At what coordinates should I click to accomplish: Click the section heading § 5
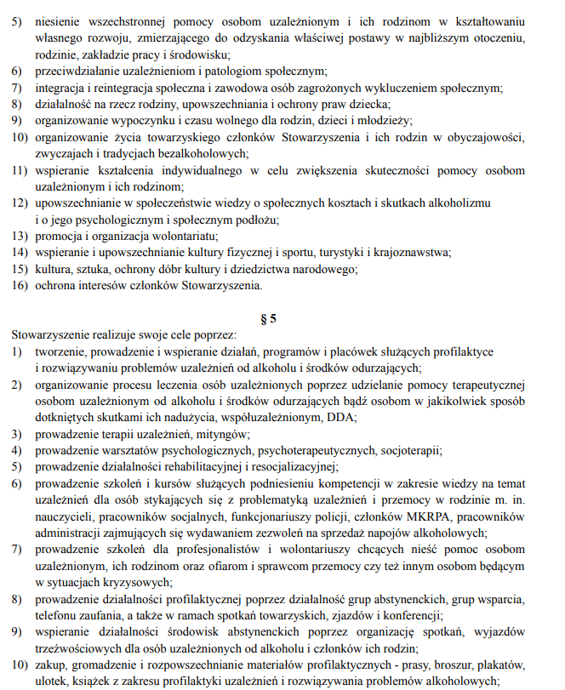coord(268,319)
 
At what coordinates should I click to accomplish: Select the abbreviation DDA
coord(342,417)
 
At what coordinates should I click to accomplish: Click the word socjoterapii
coord(407,450)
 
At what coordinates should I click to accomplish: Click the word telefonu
coord(58,615)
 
